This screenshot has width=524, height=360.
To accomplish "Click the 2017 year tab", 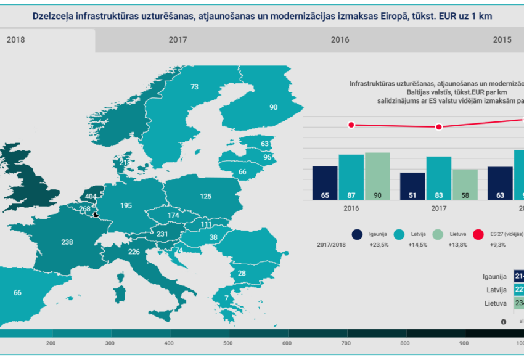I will (178, 39).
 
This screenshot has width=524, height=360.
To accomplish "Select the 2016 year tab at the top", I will (340, 39).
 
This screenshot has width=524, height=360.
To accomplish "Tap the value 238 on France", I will (68, 242).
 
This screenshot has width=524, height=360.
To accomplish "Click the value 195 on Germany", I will (126, 205).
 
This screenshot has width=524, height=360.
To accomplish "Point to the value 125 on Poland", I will (206, 196).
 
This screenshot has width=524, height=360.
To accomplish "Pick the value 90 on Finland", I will (273, 107).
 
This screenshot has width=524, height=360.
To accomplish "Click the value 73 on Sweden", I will (194, 87).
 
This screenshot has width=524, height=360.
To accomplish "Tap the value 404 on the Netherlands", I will (91, 197).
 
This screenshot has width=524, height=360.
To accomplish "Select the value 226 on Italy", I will (133, 252).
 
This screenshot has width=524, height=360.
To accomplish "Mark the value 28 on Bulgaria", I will (242, 273).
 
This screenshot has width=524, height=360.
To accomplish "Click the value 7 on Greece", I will (226, 298).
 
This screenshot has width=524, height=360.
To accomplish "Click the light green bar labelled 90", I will (377, 176).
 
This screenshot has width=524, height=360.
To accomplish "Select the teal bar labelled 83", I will (438, 178).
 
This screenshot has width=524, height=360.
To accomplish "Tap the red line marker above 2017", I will (439, 127).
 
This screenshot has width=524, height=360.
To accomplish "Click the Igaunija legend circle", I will (357, 234).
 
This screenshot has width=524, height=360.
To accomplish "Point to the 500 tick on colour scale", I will (227, 343).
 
